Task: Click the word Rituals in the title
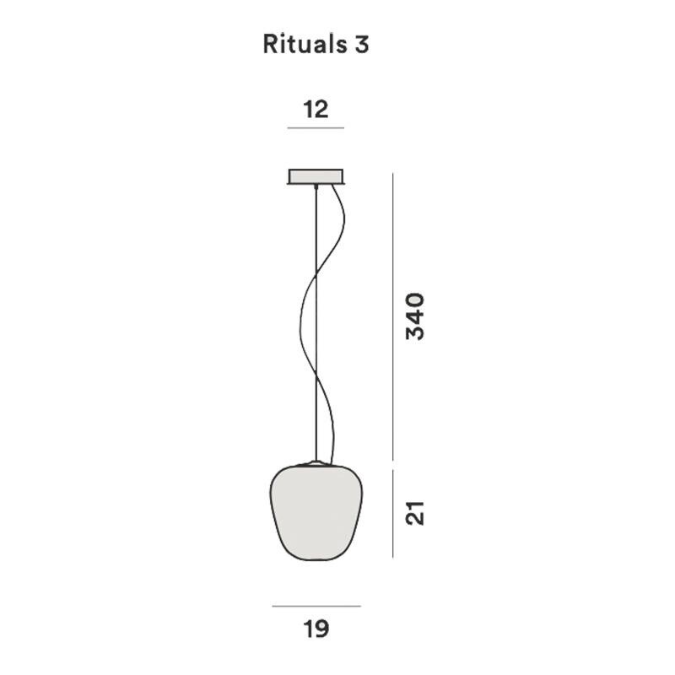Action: coord(301,45)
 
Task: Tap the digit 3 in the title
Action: coord(361,45)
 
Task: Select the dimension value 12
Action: coord(316,109)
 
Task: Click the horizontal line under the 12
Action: coord(316,128)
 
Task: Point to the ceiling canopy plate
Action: coord(316,176)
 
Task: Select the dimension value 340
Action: coord(415,316)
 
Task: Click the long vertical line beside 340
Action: coord(392,316)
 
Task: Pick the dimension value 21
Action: coord(415,512)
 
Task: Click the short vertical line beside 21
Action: coord(392,513)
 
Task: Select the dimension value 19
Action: coord(316,629)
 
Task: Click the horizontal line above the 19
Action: coord(316,606)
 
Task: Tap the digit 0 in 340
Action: coord(415,301)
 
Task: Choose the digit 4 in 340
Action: coord(415,316)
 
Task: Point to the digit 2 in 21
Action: coord(415,517)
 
